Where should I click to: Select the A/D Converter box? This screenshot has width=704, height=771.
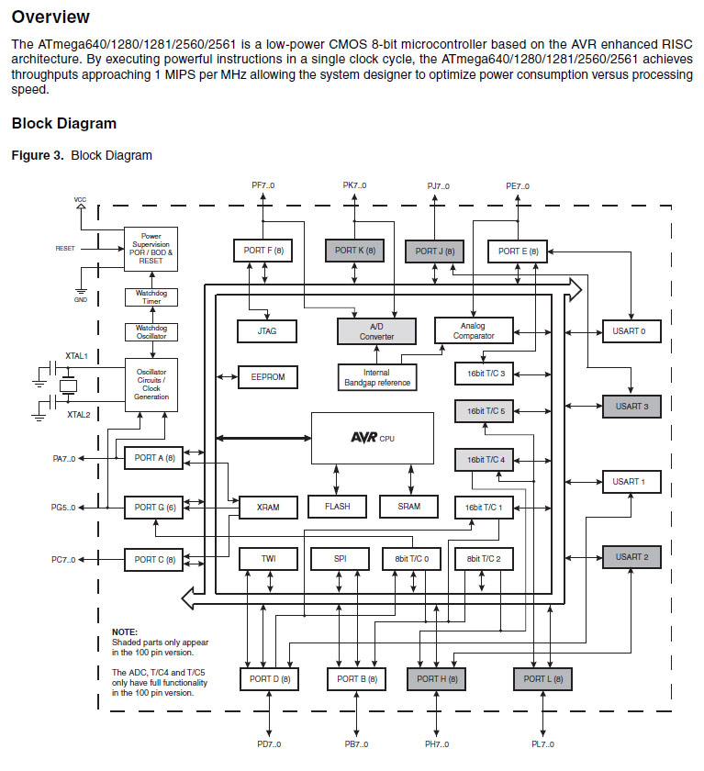click(x=376, y=330)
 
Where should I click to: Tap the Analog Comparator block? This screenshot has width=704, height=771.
click(x=474, y=330)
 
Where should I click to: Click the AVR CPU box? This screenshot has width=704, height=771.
click(x=372, y=438)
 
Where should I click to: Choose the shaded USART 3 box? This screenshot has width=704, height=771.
click(x=631, y=405)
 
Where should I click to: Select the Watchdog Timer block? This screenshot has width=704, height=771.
click(x=151, y=296)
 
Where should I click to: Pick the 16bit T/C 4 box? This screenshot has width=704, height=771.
click(x=486, y=459)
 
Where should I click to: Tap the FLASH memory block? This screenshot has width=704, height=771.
click(x=336, y=507)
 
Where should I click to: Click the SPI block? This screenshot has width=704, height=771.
click(x=340, y=558)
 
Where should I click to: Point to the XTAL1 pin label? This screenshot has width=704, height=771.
click(x=78, y=355)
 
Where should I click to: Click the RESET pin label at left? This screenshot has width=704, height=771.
click(x=65, y=248)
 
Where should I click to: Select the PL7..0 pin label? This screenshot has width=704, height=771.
click(x=542, y=743)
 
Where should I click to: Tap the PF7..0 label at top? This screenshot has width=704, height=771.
click(x=263, y=185)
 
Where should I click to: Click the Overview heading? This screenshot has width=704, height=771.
click(x=50, y=17)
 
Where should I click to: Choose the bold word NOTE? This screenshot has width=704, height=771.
click(x=124, y=632)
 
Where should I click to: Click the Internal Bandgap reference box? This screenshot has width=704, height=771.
click(x=376, y=376)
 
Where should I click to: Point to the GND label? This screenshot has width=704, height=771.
click(x=81, y=299)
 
